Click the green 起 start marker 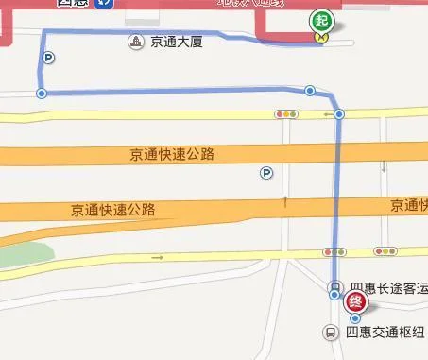(322, 20)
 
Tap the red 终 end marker (355, 301)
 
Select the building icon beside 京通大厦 (138, 43)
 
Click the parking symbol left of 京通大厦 (47, 58)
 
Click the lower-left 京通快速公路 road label (112, 210)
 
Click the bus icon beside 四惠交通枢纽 (331, 333)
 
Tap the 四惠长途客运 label (387, 287)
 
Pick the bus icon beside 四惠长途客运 (334, 287)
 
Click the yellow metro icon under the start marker (322, 38)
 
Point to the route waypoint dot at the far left (41, 93)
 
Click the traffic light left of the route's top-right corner (285, 114)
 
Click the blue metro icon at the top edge (111, 3)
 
